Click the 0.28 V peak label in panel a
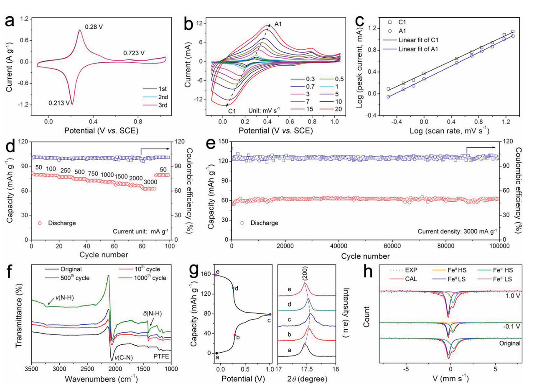pyautogui.click(x=94, y=27)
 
